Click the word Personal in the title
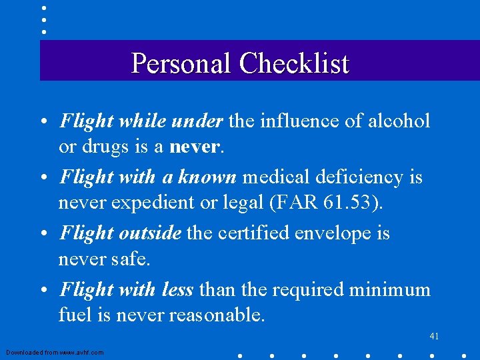click(x=182, y=63)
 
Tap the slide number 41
click(x=434, y=336)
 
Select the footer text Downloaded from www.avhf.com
click(x=55, y=352)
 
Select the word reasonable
click(x=216, y=314)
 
